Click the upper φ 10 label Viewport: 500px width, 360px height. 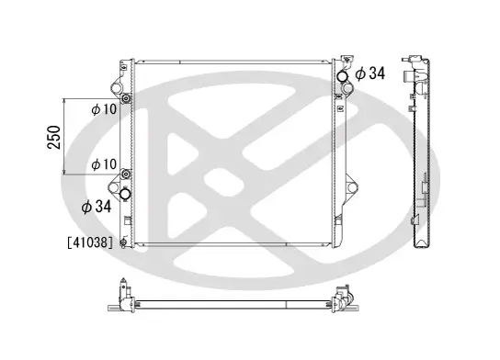[x=102, y=109]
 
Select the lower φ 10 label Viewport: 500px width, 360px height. [x=102, y=164]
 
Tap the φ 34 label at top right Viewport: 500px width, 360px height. [x=369, y=73]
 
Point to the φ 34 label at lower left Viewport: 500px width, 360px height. [x=97, y=207]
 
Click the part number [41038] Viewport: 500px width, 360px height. [x=89, y=243]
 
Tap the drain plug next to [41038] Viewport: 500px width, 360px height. [x=123, y=243]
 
